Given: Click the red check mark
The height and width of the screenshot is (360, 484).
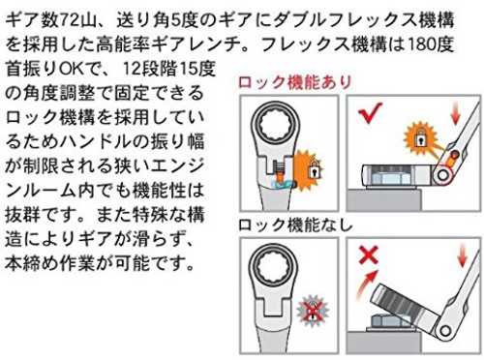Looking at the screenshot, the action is pos(370,113).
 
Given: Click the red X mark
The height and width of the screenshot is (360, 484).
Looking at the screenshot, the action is pos(369,255).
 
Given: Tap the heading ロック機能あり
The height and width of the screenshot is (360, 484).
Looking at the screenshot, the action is pos(294,82).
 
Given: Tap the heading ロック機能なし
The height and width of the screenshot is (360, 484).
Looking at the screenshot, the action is pos(295,225).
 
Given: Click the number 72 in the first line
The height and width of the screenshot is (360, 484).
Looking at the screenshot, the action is pos(70,20).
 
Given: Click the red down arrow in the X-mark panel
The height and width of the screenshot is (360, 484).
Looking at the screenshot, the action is pos(463,255).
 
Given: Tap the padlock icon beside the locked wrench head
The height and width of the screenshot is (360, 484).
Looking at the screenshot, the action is pos(314,170).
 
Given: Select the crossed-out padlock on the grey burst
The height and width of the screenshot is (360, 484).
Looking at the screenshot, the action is pos(312,311).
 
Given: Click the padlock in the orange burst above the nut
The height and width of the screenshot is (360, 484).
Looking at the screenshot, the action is pos(420,139).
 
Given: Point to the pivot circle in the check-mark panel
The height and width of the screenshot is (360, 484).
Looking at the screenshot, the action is pos(443,175).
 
